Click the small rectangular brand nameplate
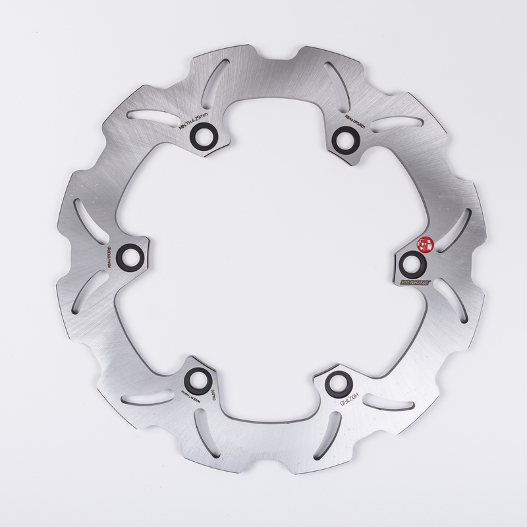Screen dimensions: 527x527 click(x=416, y=282)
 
